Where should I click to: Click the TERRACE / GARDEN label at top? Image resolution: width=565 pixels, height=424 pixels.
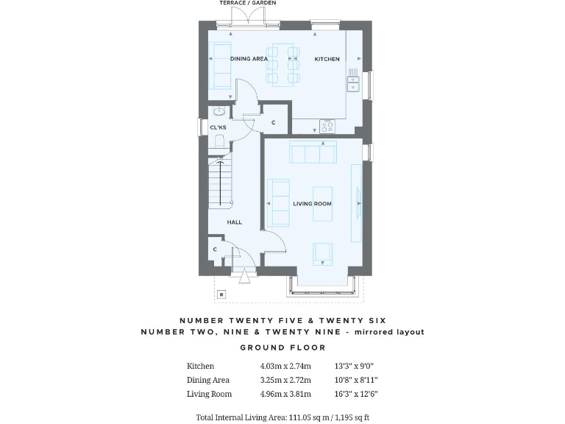[247, 4]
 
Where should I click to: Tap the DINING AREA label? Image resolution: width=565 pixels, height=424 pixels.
[249, 59]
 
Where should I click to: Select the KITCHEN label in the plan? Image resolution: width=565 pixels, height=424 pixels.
[327, 59]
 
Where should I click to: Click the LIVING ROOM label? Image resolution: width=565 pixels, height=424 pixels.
[313, 204]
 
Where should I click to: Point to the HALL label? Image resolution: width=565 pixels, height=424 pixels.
[234, 222]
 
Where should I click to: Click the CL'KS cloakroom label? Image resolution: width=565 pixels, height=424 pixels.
[218, 128]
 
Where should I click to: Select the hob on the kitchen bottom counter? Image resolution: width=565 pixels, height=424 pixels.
[327, 126]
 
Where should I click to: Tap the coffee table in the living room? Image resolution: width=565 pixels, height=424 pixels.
[323, 203]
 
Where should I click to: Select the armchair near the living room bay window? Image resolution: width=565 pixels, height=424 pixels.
[323, 252]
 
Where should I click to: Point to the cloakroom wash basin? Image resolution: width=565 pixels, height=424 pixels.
[218, 113]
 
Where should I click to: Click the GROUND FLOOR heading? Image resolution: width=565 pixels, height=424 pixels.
[282, 347]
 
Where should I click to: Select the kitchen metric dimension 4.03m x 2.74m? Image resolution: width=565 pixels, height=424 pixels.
[285, 366]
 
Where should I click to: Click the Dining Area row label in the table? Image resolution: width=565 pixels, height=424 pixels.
[208, 381]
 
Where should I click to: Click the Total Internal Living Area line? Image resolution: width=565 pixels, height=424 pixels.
[282, 417]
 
